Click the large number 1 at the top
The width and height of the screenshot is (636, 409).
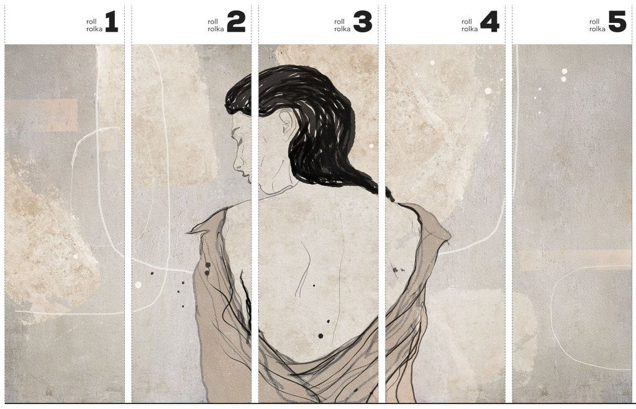pyautogui.click(x=112, y=22)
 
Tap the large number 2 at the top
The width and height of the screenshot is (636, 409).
pyautogui.click(x=236, y=22)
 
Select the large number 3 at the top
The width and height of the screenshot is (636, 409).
pyautogui.click(x=363, y=22)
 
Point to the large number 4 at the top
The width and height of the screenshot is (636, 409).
pyautogui.click(x=489, y=22)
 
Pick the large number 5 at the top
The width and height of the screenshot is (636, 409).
pyautogui.click(x=617, y=22)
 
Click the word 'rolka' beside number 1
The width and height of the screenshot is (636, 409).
pyautogui.click(x=94, y=29)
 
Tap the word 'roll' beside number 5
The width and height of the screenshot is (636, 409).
pyautogui.click(x=594, y=22)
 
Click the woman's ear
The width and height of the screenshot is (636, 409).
pyautogui.click(x=286, y=122)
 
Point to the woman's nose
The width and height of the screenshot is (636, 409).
pyautogui.click(x=237, y=163)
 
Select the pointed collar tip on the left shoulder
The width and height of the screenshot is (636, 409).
pyautogui.click(x=190, y=232)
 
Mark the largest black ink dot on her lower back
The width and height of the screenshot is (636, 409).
pyautogui.click(x=320, y=336)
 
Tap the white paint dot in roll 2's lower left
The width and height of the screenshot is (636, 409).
pyautogui.click(x=139, y=285)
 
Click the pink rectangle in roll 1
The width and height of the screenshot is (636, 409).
pyautogui.click(x=42, y=115)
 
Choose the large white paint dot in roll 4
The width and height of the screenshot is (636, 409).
pyautogui.click(x=488, y=91)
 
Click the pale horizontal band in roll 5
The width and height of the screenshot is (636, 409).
pyautogui.click(x=575, y=260)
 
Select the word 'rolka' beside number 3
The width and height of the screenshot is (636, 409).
pyautogui.click(x=342, y=29)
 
